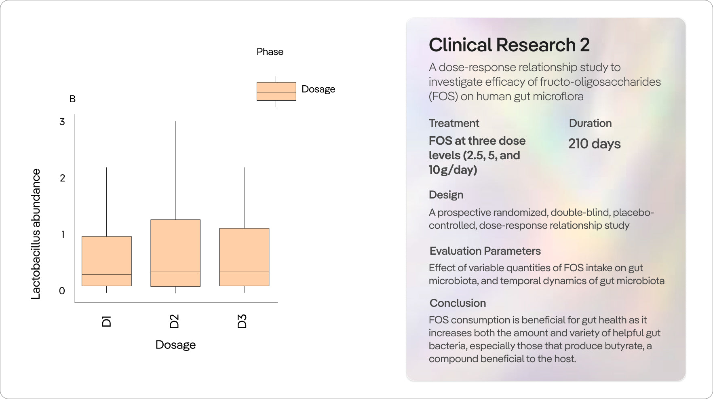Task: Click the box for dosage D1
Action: (107, 261)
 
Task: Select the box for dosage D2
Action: (175, 253)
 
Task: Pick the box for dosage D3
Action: (244, 257)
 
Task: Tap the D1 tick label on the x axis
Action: (106, 321)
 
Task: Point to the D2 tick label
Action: (174, 321)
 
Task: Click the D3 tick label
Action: (242, 321)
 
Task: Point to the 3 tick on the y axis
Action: (62, 122)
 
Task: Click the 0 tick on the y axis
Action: (62, 291)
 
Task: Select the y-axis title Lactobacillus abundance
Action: (36, 234)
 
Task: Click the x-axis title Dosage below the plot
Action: (175, 345)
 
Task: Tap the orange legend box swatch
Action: (276, 91)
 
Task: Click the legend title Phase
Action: (270, 52)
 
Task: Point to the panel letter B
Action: (72, 99)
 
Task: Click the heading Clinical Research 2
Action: (509, 45)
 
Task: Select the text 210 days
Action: (594, 144)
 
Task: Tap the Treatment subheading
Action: (454, 123)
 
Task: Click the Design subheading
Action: (446, 195)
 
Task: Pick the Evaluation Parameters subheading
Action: (485, 251)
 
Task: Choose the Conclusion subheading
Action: (458, 303)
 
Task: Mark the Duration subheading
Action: (590, 123)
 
